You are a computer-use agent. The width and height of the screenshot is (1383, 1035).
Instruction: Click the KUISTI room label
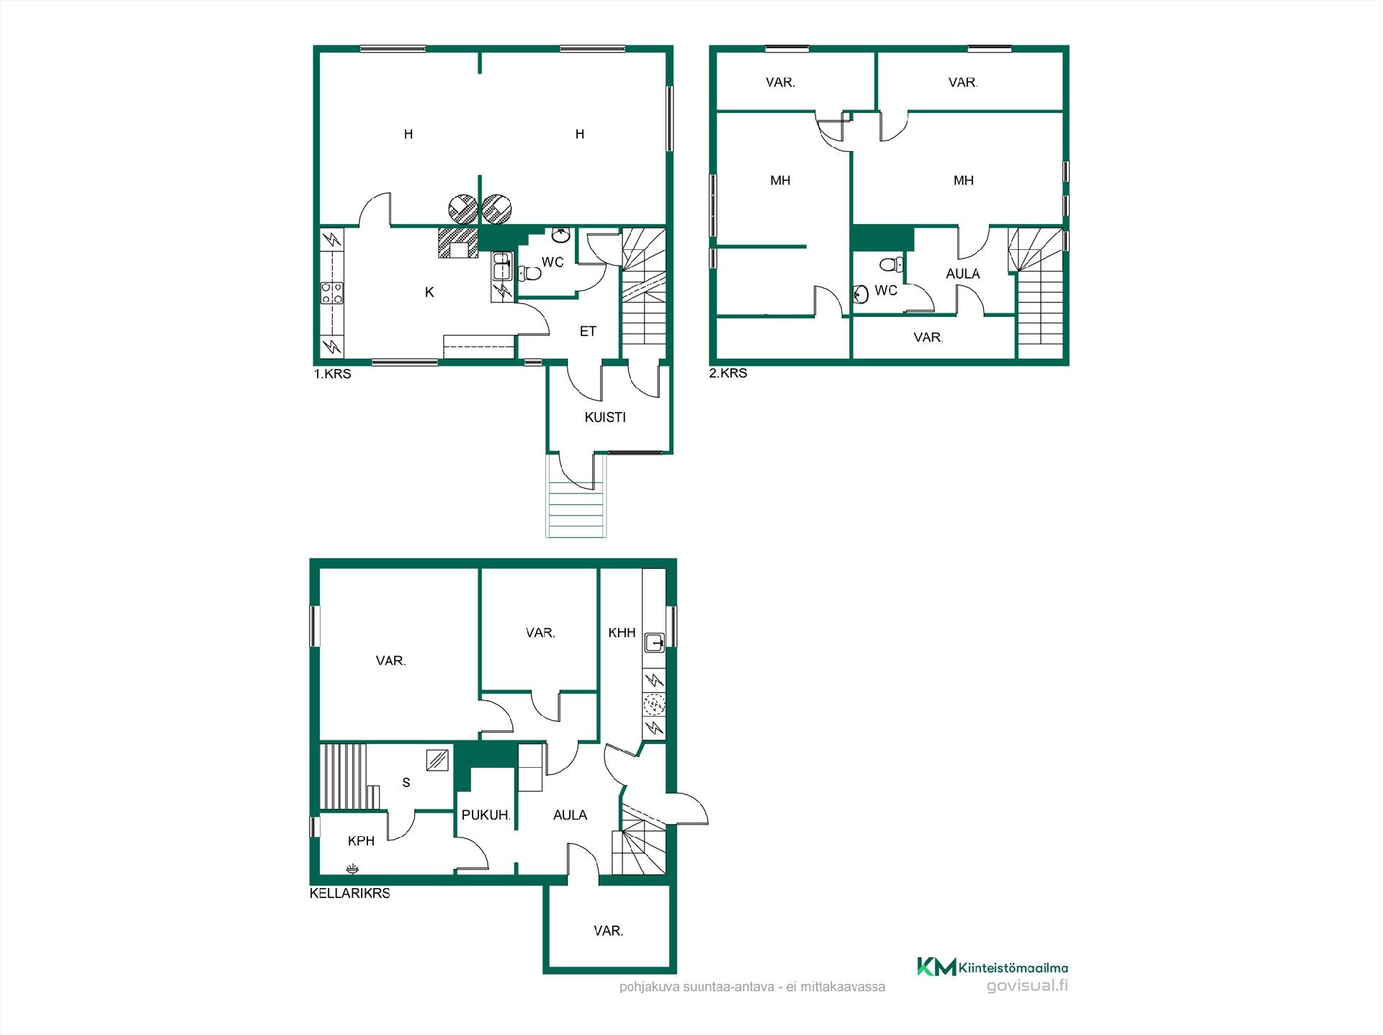(605, 417)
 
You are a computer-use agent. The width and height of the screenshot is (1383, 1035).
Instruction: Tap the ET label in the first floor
(588, 331)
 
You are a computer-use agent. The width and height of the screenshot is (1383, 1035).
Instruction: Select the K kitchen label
(429, 292)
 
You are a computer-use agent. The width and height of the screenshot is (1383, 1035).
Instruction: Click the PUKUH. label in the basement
(486, 815)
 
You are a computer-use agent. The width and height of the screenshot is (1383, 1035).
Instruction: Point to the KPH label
(361, 841)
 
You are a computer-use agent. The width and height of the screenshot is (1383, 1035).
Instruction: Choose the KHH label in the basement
(622, 632)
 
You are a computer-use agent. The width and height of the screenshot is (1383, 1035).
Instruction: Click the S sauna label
(406, 782)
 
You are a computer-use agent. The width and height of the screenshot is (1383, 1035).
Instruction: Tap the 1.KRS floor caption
(332, 375)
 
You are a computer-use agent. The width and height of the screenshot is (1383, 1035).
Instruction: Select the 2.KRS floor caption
(728, 373)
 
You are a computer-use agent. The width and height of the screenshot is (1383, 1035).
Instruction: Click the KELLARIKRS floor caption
(350, 893)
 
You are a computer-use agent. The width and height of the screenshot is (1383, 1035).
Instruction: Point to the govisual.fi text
(1027, 986)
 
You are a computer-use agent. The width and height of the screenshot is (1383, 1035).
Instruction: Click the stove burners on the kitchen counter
(332, 292)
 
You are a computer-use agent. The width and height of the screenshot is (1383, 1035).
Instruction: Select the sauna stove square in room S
(438, 760)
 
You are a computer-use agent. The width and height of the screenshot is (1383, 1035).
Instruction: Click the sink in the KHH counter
(654, 642)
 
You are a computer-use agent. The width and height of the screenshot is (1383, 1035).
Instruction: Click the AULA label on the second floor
(962, 274)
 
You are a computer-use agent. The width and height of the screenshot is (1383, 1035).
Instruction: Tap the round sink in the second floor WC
(860, 294)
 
